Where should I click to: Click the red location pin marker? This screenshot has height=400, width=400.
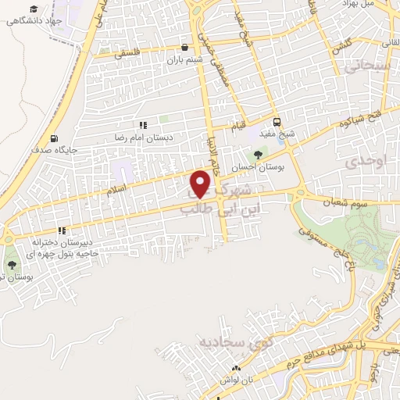[x=202, y=184]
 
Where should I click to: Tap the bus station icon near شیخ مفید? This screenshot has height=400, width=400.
[x=277, y=122]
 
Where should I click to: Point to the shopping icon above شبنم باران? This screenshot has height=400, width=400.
[x=184, y=46]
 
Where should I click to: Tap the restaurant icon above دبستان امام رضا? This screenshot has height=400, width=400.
[x=142, y=125]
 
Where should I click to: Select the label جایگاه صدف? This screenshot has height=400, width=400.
[x=51, y=145]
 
